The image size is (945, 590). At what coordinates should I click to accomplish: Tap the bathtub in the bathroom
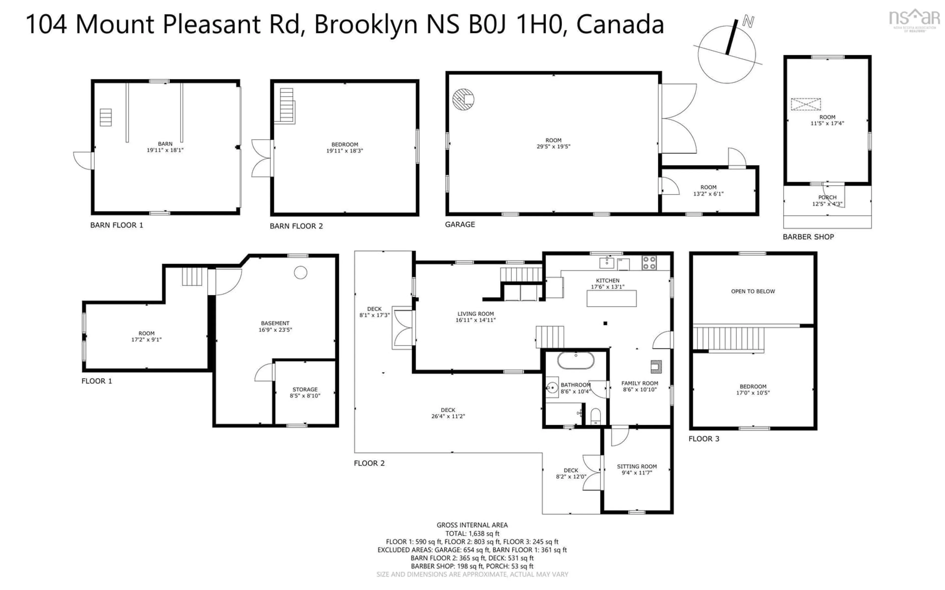(576, 361)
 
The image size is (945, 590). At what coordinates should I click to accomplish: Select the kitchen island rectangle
(612, 298)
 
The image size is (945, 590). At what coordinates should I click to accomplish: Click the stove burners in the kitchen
(649, 263)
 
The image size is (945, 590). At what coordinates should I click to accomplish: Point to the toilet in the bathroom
(596, 416)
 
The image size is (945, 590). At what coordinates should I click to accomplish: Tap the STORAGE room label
(305, 389)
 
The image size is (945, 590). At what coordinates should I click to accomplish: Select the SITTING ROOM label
(636, 466)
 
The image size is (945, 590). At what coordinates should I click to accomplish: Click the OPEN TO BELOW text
(753, 291)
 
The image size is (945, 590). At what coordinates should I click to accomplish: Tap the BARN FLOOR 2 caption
(296, 226)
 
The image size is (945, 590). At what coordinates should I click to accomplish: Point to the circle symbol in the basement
(300, 272)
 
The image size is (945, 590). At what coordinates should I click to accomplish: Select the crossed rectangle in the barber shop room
(806, 104)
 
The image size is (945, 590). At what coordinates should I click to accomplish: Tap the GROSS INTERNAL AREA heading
(472, 525)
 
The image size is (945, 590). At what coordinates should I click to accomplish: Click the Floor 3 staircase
(728, 339)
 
